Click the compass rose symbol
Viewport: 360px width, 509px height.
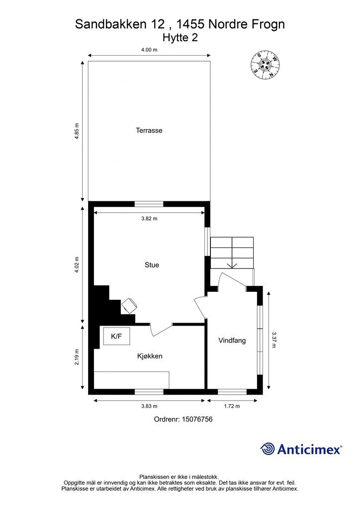click(x=266, y=65)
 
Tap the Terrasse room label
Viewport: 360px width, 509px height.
click(x=149, y=131)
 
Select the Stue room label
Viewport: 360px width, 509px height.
click(x=152, y=265)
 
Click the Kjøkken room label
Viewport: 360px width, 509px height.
click(x=150, y=356)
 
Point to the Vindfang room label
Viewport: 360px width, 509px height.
click(x=232, y=340)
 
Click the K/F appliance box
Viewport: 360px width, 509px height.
click(x=116, y=337)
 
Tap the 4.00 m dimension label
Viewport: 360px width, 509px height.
click(x=149, y=50)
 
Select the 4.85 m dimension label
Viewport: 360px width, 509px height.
click(x=77, y=131)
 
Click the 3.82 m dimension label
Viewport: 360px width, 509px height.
click(x=149, y=218)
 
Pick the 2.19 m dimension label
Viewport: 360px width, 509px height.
click(x=77, y=356)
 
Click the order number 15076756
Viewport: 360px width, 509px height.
click(x=183, y=420)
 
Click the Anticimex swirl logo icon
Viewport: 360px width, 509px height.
click(x=268, y=449)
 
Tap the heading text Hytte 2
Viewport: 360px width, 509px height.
click(x=180, y=37)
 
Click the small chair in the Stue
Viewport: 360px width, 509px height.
click(x=129, y=305)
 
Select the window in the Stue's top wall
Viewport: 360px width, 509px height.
click(x=149, y=203)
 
